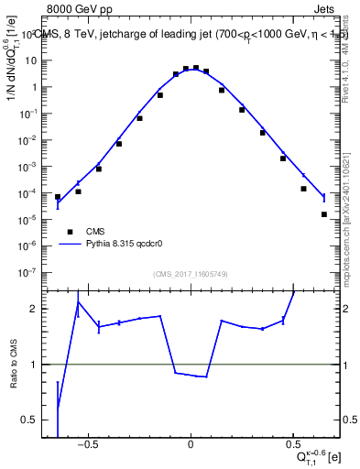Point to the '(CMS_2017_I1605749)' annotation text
tap(190, 274)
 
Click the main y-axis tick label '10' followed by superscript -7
tap(31, 272)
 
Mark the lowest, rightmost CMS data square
tap(324, 214)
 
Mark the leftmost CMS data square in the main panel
tap(58, 197)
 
